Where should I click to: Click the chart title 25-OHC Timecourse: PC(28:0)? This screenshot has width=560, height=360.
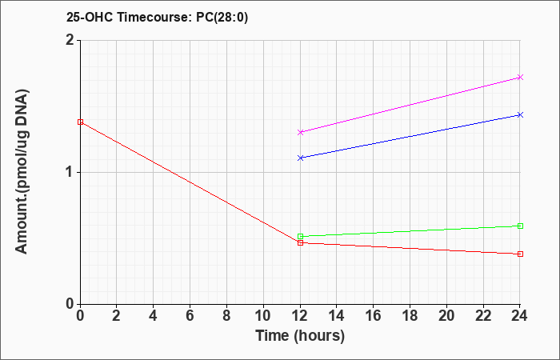pos(157,18)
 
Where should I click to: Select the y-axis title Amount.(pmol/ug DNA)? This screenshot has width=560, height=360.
pos(22,172)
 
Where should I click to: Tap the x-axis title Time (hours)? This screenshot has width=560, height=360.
pos(300,336)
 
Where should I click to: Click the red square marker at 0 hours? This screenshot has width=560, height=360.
pos(80,122)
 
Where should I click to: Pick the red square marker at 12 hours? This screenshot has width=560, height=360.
pos(300,243)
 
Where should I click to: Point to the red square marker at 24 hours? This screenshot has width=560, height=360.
pos(520,254)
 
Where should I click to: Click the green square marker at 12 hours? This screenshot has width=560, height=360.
pos(300,236)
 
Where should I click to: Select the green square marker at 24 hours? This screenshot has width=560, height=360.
pos(520,226)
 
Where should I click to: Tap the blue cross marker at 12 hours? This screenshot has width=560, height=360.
pos(300,158)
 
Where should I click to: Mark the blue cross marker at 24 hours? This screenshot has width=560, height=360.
pos(520,114)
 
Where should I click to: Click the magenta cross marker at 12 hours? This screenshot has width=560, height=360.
pos(300,132)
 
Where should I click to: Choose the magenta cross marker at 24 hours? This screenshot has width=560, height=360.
pos(520,77)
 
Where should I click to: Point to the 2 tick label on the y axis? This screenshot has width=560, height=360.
pos(70,40)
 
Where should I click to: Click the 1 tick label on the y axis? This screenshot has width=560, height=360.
pos(70,173)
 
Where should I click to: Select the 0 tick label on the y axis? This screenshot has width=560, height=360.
pos(70,304)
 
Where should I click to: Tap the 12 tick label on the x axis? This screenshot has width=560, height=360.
pos(300,316)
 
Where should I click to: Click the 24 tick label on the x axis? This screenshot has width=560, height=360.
pos(520,316)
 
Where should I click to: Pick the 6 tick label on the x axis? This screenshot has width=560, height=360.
pos(190,316)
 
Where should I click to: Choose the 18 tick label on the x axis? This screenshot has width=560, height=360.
pos(410,316)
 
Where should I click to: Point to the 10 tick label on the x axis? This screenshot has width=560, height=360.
pos(263,316)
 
